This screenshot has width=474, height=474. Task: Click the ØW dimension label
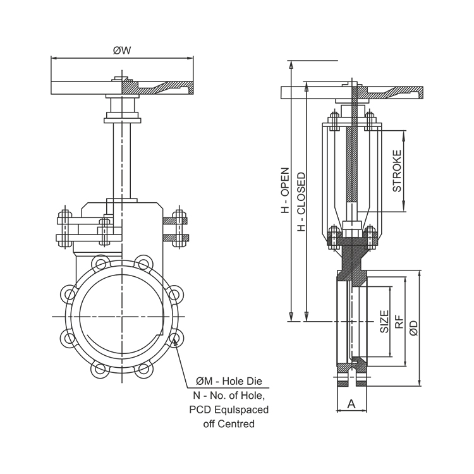[122, 51]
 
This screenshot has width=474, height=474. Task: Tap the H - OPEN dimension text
[285, 190]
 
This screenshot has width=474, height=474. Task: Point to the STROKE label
[397, 171]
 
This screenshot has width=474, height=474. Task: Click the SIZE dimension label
[384, 322]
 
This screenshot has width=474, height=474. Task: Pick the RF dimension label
[399, 322]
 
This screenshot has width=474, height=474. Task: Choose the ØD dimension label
[413, 327]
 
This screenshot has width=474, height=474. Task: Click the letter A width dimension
[351, 403]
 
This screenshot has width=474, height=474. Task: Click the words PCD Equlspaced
[229, 410]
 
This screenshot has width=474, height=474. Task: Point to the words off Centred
[229, 424]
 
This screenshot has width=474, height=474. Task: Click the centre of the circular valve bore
[121, 315]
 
